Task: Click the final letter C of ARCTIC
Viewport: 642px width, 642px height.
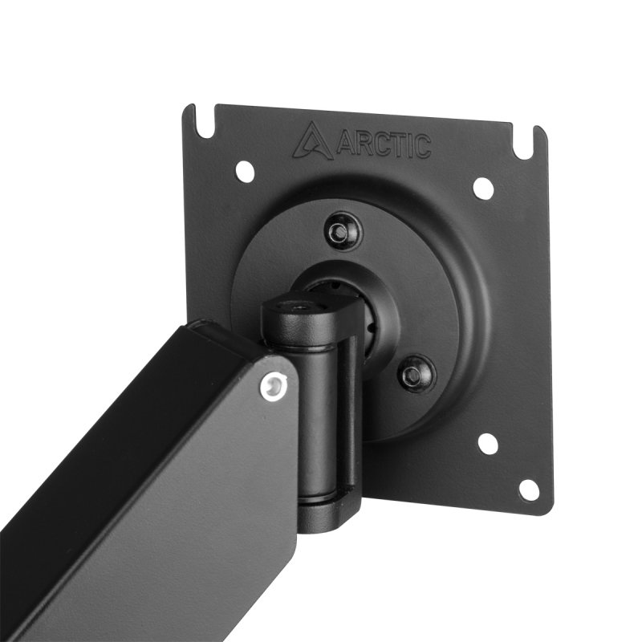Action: coord(421,147)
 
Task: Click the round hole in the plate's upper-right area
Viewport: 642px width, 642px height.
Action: coord(483,188)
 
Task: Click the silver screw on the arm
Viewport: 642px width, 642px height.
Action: coord(274,388)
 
